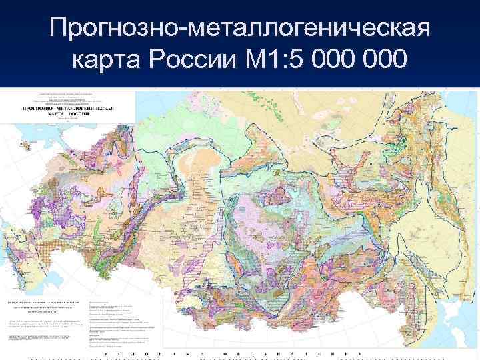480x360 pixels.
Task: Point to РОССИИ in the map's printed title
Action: coord(82,114)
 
